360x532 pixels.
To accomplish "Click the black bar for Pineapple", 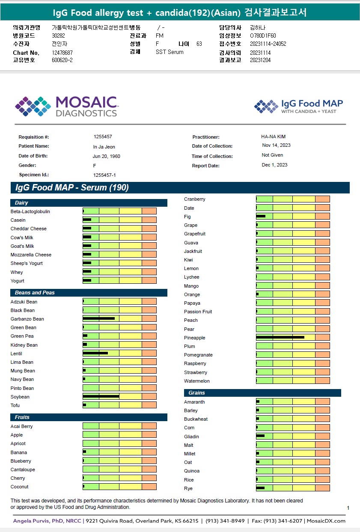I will click(x=280, y=337).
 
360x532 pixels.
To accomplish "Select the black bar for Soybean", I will click(x=101, y=396).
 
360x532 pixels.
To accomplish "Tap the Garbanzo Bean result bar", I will click(x=98, y=318).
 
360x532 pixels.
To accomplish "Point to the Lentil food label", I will click(x=16, y=354).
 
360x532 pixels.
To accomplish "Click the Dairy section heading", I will click(x=21, y=203).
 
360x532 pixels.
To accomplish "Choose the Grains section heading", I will click(x=196, y=393).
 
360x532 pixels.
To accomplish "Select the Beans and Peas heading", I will click(x=35, y=293).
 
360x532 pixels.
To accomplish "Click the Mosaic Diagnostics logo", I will click(x=66, y=106).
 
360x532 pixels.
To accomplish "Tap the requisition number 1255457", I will click(x=103, y=137).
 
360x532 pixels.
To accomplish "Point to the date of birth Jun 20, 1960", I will click(x=106, y=156).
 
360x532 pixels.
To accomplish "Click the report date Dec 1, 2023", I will click(x=274, y=165).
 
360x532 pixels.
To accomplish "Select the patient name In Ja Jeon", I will click(x=104, y=147).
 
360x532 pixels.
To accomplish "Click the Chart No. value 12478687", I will click(x=62, y=53).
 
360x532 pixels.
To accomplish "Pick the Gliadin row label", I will click(x=191, y=437).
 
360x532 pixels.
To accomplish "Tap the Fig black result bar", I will click(x=261, y=217).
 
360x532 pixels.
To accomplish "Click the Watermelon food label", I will click(x=197, y=381).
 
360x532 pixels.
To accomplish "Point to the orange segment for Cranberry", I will click(x=322, y=199).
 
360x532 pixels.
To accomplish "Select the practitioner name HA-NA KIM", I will click(x=273, y=137).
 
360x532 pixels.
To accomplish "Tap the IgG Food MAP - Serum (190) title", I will click(x=72, y=188).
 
